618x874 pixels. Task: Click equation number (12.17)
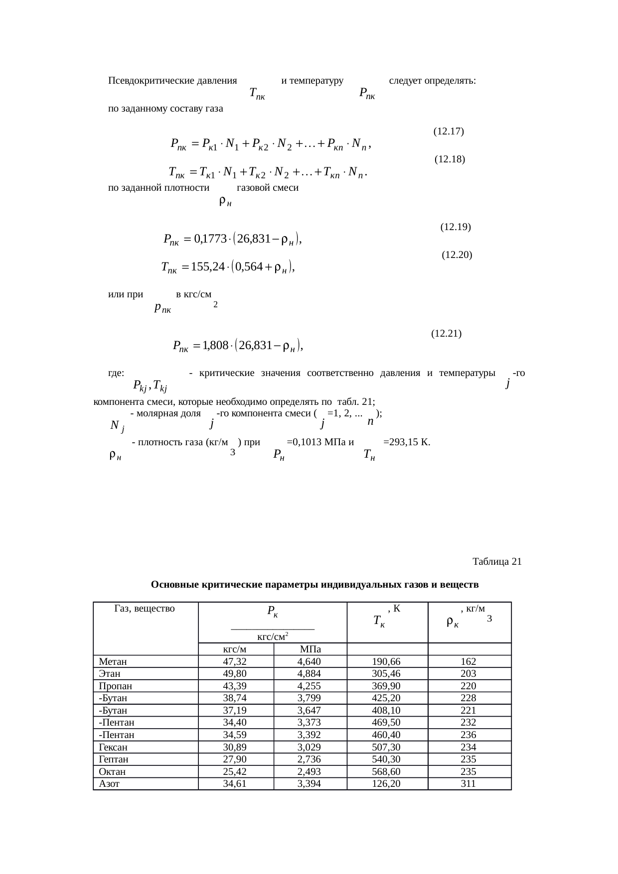click(449, 131)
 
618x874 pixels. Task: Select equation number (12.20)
click(457, 255)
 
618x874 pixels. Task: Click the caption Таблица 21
click(496, 562)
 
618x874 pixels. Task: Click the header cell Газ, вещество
click(145, 608)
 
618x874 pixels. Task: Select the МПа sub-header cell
click(310, 649)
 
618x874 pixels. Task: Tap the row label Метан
click(113, 662)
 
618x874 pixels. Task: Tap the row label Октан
click(112, 772)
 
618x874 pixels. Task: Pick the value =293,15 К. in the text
click(407, 442)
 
